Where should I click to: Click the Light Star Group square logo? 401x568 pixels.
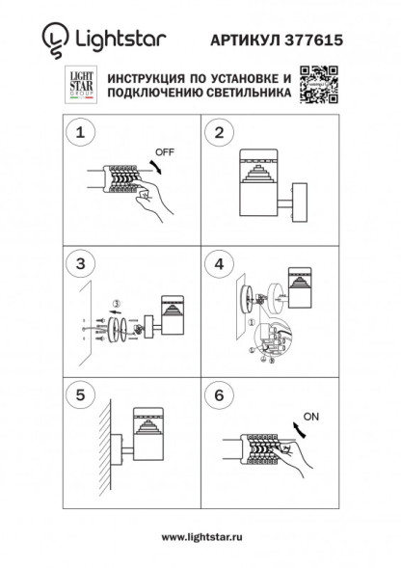click(81, 87)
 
